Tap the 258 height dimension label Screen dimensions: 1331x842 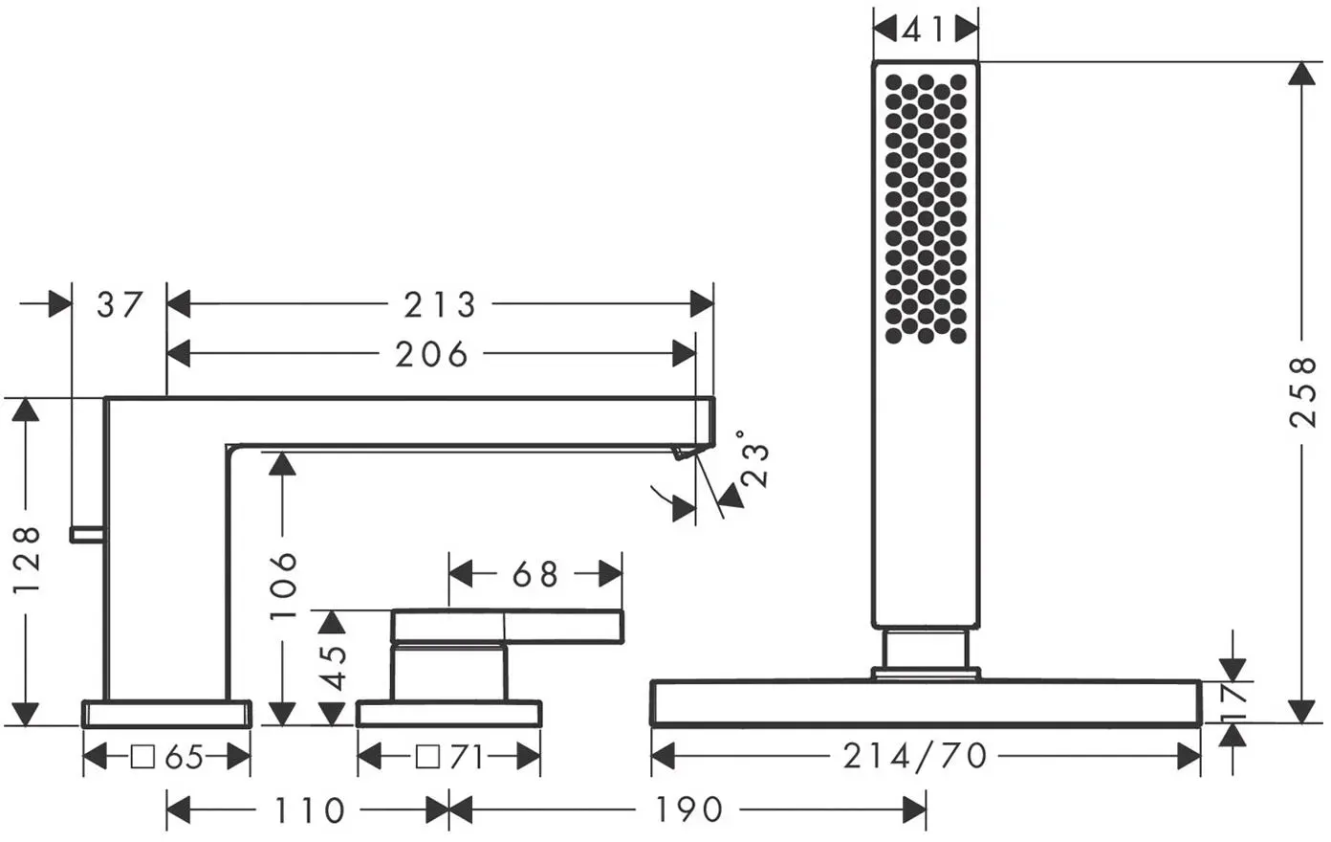1303,391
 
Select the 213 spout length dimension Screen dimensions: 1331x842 440,304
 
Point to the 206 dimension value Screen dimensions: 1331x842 431,354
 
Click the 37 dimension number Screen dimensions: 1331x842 120,304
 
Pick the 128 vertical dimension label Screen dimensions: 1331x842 27,559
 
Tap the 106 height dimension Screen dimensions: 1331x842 283,586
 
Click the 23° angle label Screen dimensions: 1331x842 753,458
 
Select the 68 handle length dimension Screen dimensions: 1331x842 535,574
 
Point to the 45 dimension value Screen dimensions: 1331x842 334,668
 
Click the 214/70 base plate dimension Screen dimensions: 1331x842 915,757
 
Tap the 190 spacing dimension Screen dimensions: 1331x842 688,809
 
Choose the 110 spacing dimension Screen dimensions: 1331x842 309,809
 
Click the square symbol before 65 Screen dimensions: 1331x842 142,757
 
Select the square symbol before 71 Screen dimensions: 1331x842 427,757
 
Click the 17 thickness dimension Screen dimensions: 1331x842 1234,702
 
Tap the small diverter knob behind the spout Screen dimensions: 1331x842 88,535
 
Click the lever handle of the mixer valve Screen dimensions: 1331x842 507,627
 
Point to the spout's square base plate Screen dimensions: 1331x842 166,714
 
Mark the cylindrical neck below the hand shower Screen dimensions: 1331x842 926,648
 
